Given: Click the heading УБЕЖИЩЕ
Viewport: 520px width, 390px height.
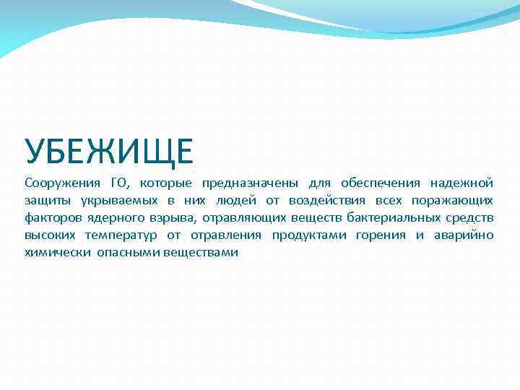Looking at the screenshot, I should pyautogui.click(x=109, y=152).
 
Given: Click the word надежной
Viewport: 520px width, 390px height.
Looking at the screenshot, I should pyautogui.click(x=461, y=183).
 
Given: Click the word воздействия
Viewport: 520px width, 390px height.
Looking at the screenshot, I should pyautogui.click(x=328, y=200).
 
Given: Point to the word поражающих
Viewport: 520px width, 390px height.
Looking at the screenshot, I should pyautogui.click(x=453, y=201).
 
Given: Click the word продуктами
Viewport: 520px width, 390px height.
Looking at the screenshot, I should pyautogui.click(x=310, y=235).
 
